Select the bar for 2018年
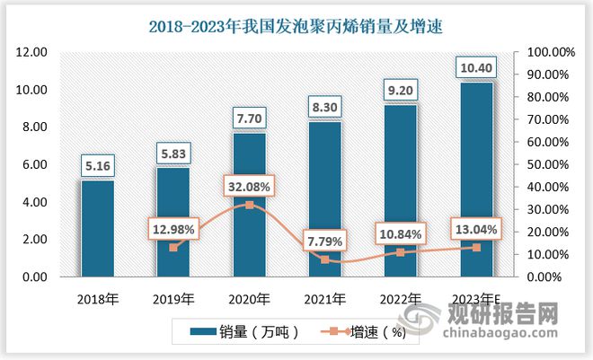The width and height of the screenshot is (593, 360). point(97,229)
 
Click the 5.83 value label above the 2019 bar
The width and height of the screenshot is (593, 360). point(173,154)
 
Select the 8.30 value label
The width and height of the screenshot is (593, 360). point(325,107)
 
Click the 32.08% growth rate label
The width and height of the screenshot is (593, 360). point(249,185)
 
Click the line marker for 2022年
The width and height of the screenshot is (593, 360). point(401,252)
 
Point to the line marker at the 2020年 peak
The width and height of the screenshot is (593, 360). point(249,205)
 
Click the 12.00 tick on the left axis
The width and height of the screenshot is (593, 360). point(32,53)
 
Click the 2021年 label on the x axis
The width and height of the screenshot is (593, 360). point(325,298)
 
